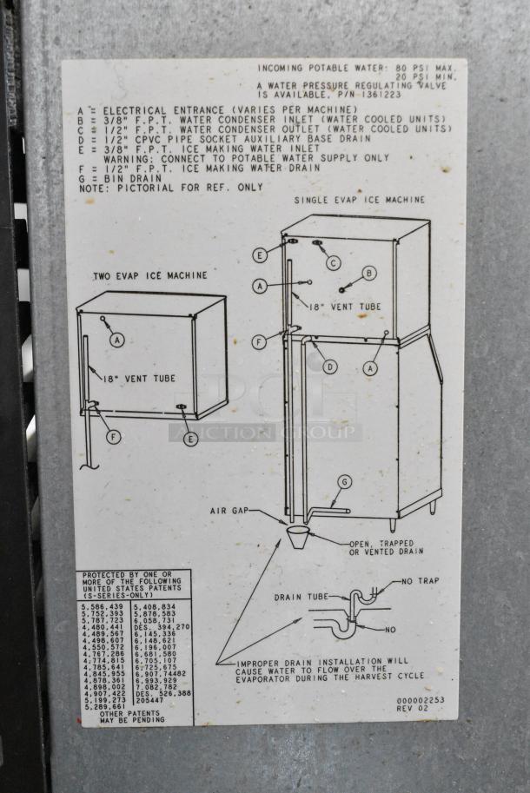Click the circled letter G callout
pos(344,482)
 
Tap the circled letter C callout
pos(334,262)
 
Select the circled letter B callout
pos(369,273)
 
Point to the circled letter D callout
pos(329,367)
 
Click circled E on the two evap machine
pos(190,439)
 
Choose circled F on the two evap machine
pos(114,437)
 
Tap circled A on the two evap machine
pos(116,341)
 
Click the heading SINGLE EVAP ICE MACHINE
pos(359,200)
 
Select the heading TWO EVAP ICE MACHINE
pos(150,275)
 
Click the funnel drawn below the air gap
pos(297,532)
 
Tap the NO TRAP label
pos(420,581)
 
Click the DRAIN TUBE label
pos(300,598)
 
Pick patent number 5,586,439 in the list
pos(103,605)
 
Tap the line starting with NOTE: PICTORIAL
pos(170,187)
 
